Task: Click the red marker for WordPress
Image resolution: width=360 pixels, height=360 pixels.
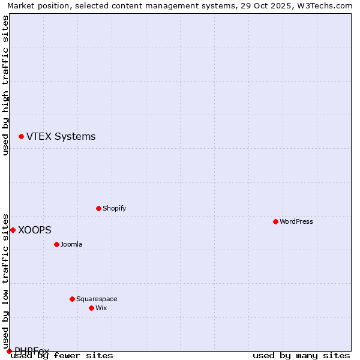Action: (x=275, y=221)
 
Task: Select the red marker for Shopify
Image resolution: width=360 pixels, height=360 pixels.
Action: (x=98, y=208)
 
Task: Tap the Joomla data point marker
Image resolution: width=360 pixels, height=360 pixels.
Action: (x=56, y=244)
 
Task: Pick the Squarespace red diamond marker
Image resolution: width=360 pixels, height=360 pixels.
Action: (x=72, y=299)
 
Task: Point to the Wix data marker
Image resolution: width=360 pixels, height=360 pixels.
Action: (x=91, y=308)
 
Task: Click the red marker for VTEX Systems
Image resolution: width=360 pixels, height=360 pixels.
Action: (x=21, y=137)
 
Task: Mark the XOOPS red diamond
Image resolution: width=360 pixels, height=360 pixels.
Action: (x=13, y=230)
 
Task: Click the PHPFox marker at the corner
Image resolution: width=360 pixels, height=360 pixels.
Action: (x=9, y=351)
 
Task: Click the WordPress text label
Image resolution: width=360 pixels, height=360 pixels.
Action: (x=296, y=221)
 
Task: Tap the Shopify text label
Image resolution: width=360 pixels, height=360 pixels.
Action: (x=114, y=208)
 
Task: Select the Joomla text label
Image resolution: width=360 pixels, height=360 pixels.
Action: (x=71, y=244)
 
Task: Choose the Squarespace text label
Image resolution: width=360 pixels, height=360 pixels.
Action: (x=97, y=299)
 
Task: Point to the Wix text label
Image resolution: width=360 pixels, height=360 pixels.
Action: (x=101, y=308)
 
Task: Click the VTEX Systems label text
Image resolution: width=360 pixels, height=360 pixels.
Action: (x=61, y=137)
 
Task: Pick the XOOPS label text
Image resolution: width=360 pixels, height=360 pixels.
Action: (x=34, y=230)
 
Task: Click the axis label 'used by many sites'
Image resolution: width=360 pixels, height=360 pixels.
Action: (x=301, y=356)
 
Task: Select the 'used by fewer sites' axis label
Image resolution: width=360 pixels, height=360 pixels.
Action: (x=62, y=356)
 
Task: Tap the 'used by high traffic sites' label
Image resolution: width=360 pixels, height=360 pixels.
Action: (x=6, y=85)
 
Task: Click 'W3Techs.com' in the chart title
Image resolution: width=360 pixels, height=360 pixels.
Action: (x=328, y=6)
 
